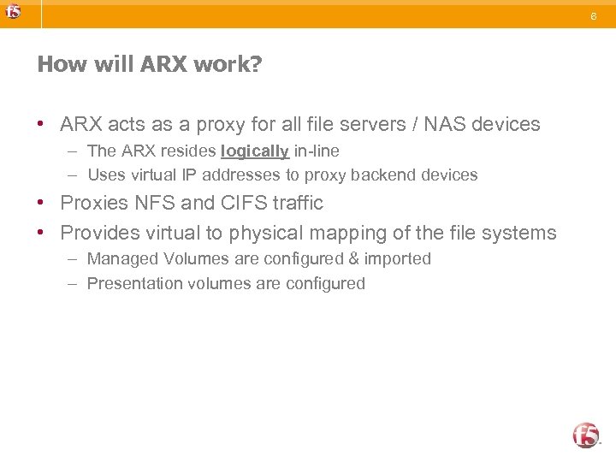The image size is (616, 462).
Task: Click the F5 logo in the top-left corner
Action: point(13,12)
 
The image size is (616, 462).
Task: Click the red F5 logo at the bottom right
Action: point(586,435)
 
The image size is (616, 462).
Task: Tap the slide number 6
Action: point(593,15)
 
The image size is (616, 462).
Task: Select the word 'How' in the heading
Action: point(56,65)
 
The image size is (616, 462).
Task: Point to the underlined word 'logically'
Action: point(255,151)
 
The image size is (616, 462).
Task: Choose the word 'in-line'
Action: point(317,151)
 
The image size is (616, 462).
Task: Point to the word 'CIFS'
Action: point(243,203)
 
